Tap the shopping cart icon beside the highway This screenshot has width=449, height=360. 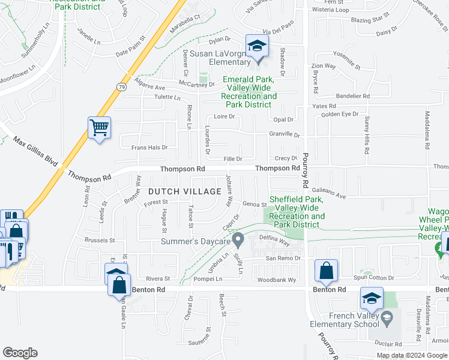[x=99, y=128]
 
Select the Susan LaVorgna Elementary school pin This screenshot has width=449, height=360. [x=257, y=47]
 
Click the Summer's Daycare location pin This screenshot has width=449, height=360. [x=238, y=241]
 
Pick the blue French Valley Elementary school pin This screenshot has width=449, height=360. [x=372, y=299]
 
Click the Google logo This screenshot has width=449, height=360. [x=20, y=352]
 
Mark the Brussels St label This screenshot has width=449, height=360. [x=99, y=240]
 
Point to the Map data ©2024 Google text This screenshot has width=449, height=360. [x=411, y=355]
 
